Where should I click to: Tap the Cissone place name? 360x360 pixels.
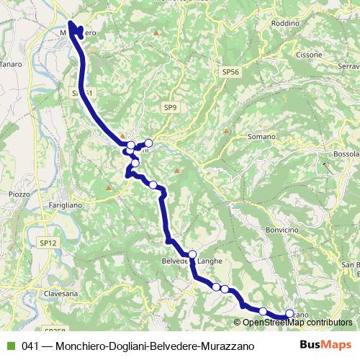click(x=309, y=55)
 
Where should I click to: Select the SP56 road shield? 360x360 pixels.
click(x=230, y=72)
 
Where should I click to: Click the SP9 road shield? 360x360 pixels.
click(x=169, y=108)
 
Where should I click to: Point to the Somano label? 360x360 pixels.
click(x=261, y=136)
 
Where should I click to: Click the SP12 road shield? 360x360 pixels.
click(x=48, y=243)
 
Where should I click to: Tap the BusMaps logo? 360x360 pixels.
click(x=327, y=345)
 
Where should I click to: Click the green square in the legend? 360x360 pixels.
click(x=9, y=346)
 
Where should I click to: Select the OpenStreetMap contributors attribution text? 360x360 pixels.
click(x=297, y=323)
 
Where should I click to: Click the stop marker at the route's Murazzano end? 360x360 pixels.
click(x=290, y=313)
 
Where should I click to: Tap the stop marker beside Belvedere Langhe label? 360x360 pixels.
click(x=192, y=254)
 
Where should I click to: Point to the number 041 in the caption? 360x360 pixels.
click(x=30, y=346)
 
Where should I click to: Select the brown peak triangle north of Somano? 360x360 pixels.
click(x=226, y=131)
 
